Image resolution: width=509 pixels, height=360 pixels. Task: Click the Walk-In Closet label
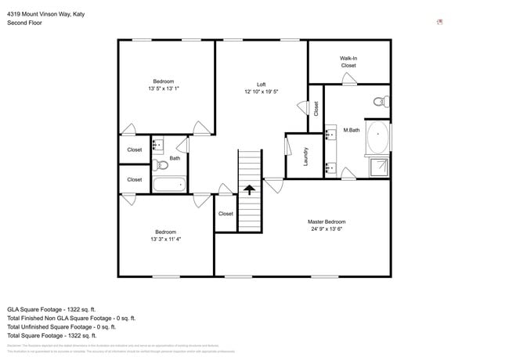[x=348, y=62]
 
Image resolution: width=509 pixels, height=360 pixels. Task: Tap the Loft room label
[x=261, y=85]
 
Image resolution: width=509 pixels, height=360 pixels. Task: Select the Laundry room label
[x=305, y=157]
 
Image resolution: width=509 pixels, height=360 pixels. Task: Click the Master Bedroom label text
[x=326, y=222]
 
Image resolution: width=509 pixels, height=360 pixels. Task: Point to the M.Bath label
[x=352, y=130]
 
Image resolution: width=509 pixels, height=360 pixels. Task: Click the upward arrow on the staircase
[x=249, y=189]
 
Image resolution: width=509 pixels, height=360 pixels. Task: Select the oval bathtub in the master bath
[x=377, y=137]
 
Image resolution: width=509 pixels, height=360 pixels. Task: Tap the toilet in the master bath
[x=381, y=101]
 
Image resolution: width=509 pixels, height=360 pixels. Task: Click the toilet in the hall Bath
[x=161, y=165]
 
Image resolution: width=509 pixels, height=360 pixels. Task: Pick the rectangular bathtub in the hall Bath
[x=168, y=185]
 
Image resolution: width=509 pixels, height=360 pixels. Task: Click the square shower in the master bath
[x=378, y=167]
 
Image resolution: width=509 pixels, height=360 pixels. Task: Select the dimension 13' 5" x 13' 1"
[x=163, y=88]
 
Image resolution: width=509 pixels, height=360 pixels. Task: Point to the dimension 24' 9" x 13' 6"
[x=326, y=229]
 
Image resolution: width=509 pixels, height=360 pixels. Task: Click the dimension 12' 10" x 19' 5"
[x=261, y=92]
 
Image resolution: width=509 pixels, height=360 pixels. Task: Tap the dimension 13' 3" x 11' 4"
[x=165, y=239]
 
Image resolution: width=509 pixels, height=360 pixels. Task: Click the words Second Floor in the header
[x=25, y=23]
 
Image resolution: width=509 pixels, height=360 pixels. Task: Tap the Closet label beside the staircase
[x=226, y=214]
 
